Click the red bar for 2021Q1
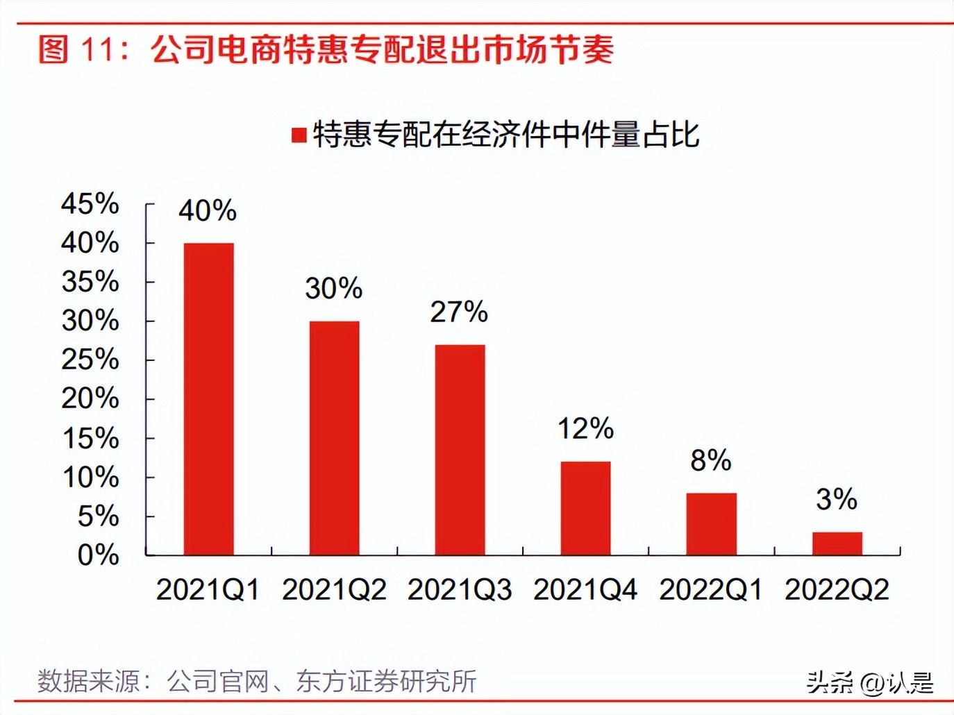[x=208, y=399]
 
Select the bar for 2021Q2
[x=334, y=437]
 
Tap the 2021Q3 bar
[x=460, y=450]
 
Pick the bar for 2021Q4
[x=585, y=508]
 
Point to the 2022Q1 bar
[x=711, y=524]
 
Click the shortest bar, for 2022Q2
[x=837, y=544]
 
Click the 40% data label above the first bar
[x=208, y=210]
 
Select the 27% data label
[x=459, y=312]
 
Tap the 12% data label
[x=585, y=429]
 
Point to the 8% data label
[x=711, y=460]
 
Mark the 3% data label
[x=837, y=499]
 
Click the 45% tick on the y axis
[x=90, y=204]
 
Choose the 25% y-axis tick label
[x=90, y=360]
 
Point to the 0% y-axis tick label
[x=98, y=555]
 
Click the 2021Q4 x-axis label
[x=585, y=590]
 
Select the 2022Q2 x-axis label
[x=837, y=590]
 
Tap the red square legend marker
[x=299, y=135]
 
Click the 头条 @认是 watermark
[x=870, y=683]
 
